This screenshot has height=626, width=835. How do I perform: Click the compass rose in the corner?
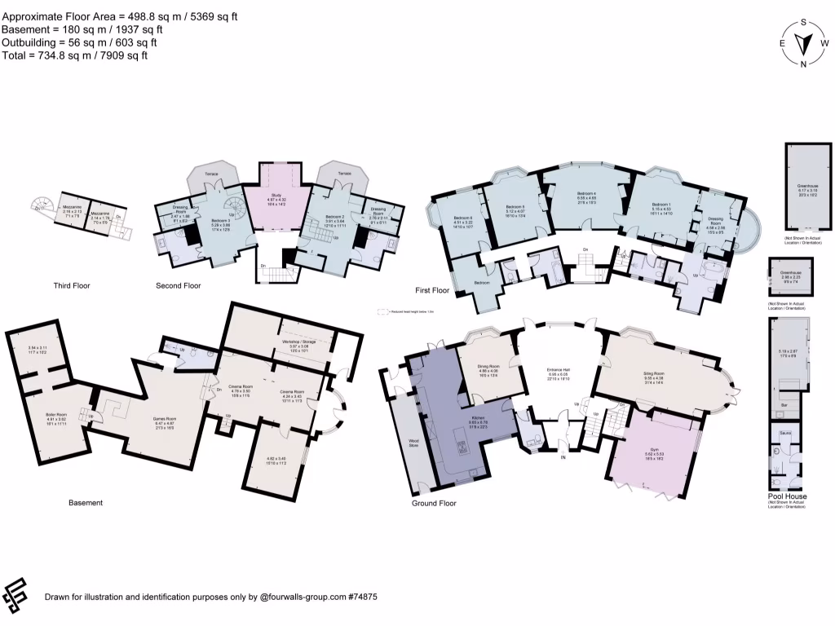(803, 43)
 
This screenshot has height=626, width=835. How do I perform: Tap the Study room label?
(277, 200)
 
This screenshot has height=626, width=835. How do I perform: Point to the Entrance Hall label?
(559, 371)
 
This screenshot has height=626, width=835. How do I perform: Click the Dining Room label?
(488, 368)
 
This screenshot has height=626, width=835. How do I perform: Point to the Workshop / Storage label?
(300, 342)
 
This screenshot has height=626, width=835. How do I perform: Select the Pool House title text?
(787, 496)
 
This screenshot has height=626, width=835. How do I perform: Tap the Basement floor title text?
(86, 503)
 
